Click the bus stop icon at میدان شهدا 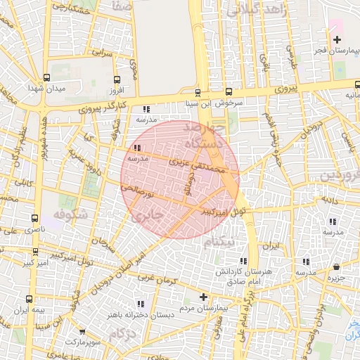(x=47, y=78)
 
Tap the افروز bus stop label (x=116, y=90)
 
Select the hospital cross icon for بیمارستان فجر (x=337, y=39)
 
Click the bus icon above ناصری (x=35, y=218)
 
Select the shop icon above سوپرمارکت (x=82, y=331)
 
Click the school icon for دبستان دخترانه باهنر (x=141, y=304)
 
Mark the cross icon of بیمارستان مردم (x=204, y=297)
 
